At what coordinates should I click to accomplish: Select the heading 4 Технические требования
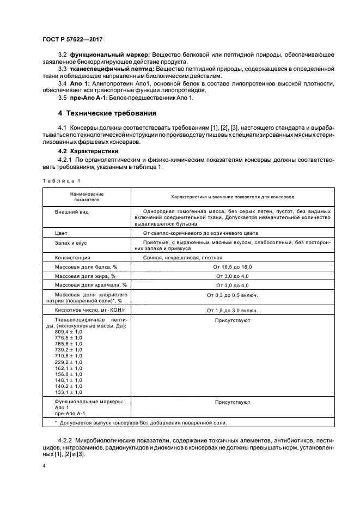click(x=107, y=113)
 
